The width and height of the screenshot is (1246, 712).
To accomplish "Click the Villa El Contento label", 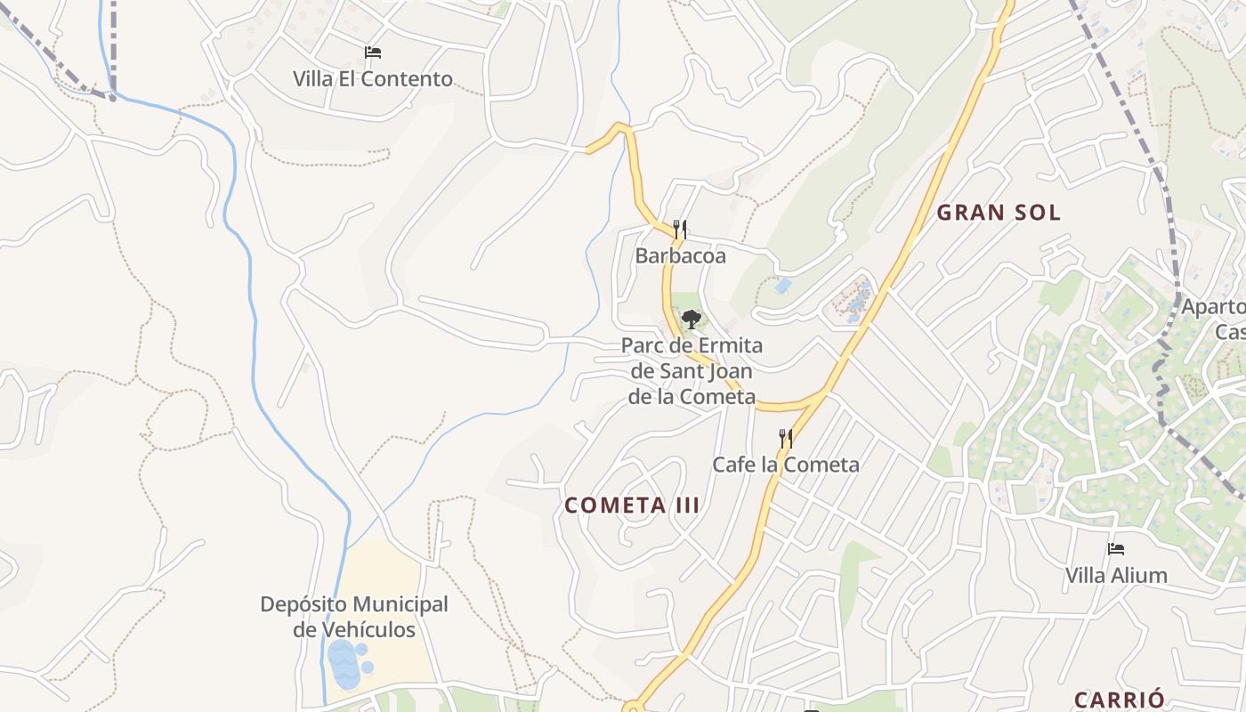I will point(373,78).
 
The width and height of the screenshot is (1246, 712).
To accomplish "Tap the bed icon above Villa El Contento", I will point(373,53).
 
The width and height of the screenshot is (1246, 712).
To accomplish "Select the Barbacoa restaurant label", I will point(680,256).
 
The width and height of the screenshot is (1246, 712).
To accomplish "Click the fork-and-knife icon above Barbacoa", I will point(680,230).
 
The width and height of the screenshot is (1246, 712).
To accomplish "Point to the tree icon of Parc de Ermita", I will point(691,319).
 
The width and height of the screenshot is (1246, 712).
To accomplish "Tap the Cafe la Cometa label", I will point(786,464).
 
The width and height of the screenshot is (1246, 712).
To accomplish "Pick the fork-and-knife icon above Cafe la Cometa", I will point(785,438).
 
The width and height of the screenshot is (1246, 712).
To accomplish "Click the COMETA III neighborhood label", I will point(632,506).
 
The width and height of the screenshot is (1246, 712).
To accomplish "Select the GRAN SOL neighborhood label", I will point(999,213).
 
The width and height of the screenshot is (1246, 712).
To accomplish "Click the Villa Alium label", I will point(1116,575).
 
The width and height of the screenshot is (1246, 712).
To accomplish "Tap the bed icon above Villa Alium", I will point(1116,549).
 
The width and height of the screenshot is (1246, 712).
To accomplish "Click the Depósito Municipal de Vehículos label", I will point(354,617).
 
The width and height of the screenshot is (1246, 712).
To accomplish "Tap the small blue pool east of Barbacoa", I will point(782,286).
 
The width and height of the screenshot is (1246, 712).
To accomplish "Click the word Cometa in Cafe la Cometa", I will point(825,464).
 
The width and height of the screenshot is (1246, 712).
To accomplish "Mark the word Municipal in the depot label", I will point(399,604).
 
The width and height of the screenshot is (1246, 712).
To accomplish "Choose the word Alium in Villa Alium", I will point(1142,575).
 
